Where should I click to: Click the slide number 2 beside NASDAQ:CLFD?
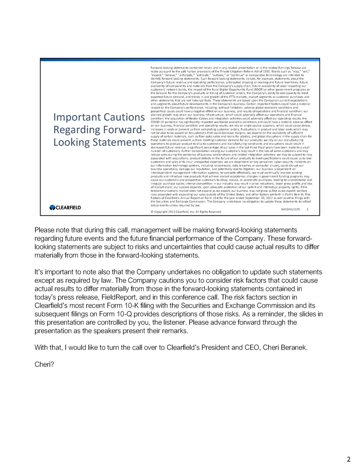(307, 209)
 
